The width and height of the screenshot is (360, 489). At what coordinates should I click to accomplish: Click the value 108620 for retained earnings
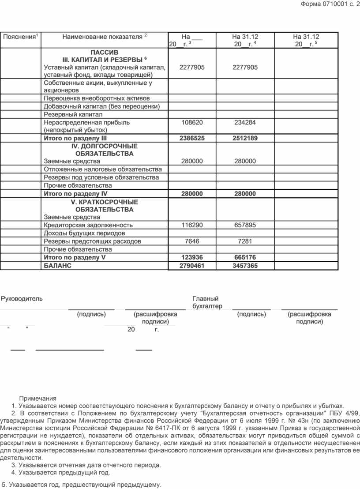click(192, 122)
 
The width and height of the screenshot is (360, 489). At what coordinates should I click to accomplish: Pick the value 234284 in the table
click(245, 122)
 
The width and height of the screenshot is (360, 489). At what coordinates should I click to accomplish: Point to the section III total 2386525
click(192, 138)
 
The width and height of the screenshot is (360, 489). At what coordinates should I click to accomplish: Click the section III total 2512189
click(245, 138)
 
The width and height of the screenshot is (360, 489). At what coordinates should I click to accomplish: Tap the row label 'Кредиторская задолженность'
click(88, 225)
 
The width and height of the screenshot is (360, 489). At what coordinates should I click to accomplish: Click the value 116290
click(192, 225)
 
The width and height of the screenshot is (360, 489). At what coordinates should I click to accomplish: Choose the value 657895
click(245, 225)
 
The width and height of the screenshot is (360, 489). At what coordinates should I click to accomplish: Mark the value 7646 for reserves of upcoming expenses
click(192, 241)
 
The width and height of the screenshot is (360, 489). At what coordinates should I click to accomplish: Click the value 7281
click(245, 241)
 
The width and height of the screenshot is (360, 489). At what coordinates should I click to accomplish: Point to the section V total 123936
click(192, 257)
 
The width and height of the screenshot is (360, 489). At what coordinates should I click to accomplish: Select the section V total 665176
click(245, 257)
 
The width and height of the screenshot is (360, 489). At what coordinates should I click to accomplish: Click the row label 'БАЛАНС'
click(57, 266)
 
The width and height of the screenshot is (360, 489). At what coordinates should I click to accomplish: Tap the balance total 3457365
click(245, 266)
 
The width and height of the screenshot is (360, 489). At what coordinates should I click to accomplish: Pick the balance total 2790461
click(192, 266)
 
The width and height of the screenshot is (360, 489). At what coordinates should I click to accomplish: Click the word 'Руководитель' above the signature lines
click(22, 299)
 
